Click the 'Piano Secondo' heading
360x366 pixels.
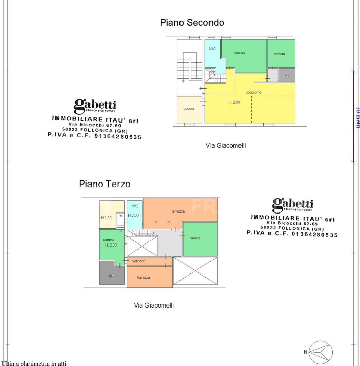tap(192, 22)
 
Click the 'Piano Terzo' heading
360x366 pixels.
tap(104, 184)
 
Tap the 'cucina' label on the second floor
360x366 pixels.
tap(188, 109)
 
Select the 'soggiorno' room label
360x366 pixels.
tap(253, 92)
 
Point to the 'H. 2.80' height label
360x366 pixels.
tap(234, 102)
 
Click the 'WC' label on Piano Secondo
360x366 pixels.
tap(213, 49)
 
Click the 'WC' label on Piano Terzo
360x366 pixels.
tap(135, 206)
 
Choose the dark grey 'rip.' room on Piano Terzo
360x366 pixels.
tap(111, 273)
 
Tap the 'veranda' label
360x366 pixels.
tap(139, 261)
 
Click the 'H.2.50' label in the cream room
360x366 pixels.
tap(106, 218)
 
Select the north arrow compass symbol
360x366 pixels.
tap(321, 352)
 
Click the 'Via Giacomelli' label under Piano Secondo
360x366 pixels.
tap(225, 145)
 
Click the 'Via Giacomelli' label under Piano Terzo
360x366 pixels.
tap(154, 305)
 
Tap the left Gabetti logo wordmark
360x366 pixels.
tap(95, 106)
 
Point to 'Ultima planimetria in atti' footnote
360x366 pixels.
tap(34, 363)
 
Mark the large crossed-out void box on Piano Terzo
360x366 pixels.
tap(195, 270)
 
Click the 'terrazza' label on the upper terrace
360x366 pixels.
tap(178, 211)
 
